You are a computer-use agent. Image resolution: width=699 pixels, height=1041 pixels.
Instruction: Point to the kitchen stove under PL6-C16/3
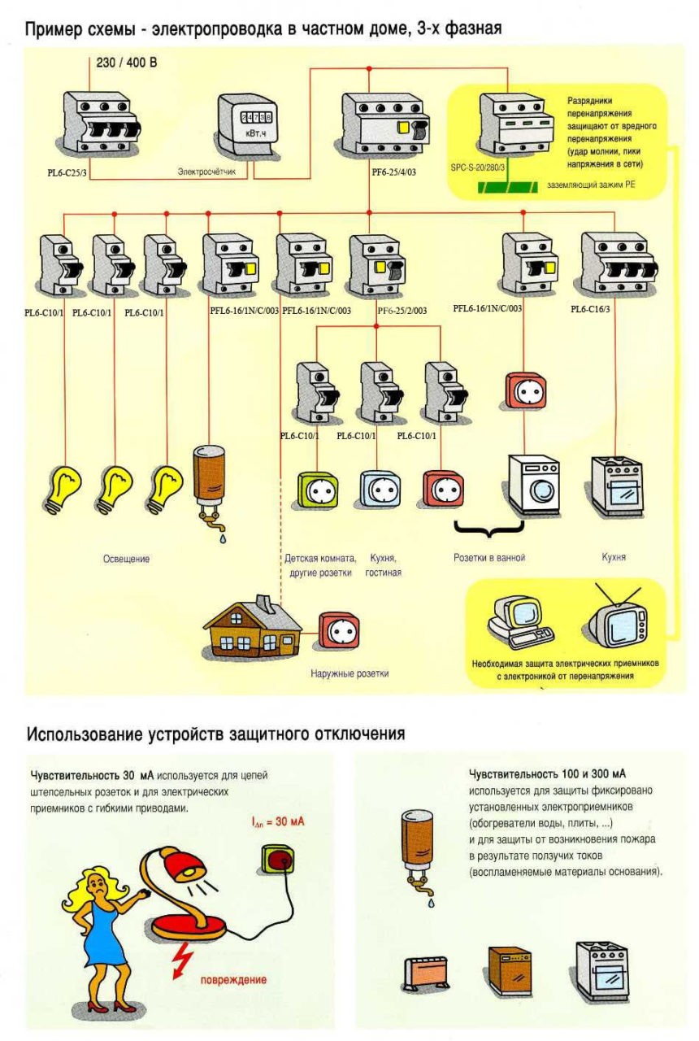point(617,486)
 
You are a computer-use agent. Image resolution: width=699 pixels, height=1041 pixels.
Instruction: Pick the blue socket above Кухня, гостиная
point(379,490)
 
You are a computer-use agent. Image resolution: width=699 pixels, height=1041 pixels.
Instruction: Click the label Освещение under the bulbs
point(126,560)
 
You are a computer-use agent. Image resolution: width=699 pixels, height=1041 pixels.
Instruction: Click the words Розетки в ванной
point(489,559)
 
